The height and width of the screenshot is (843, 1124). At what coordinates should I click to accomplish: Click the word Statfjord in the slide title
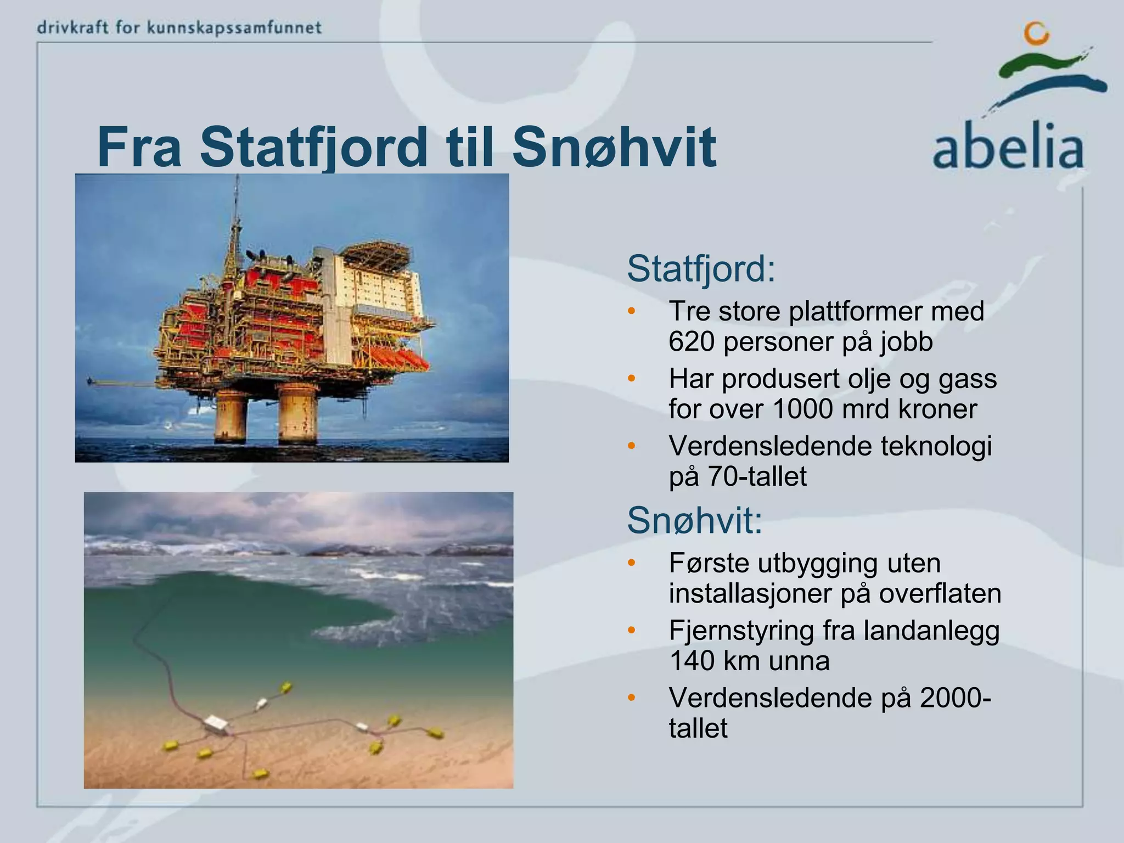[313, 147]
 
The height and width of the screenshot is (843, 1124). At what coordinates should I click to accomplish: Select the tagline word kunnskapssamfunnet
[234, 27]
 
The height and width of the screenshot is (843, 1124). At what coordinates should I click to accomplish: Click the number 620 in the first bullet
[692, 342]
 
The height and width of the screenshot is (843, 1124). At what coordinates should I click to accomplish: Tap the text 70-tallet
[757, 477]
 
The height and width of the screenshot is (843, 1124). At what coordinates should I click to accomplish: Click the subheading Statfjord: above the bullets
[701, 269]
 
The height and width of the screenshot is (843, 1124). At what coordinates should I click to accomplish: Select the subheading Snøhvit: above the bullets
[694, 520]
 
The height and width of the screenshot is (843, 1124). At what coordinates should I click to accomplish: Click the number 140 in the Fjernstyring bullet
[692, 661]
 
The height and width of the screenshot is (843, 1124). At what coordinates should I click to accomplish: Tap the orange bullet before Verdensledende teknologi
[631, 445]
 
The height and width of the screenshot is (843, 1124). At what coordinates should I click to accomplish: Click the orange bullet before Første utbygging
[631, 563]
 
